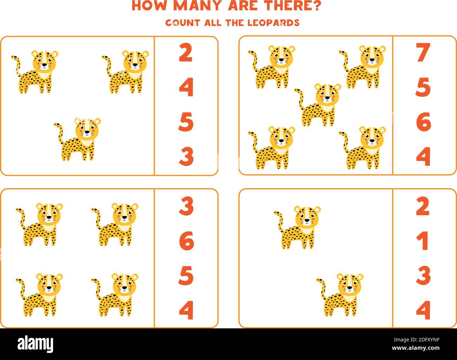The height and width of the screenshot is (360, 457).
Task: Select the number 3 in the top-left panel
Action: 186,156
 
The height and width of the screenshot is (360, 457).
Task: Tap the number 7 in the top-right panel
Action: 423,52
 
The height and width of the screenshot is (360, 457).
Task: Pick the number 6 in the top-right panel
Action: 423,122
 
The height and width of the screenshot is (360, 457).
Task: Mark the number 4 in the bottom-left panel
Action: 186,310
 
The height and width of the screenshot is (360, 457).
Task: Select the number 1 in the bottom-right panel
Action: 424,241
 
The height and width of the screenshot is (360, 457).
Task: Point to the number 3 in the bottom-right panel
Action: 423,275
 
